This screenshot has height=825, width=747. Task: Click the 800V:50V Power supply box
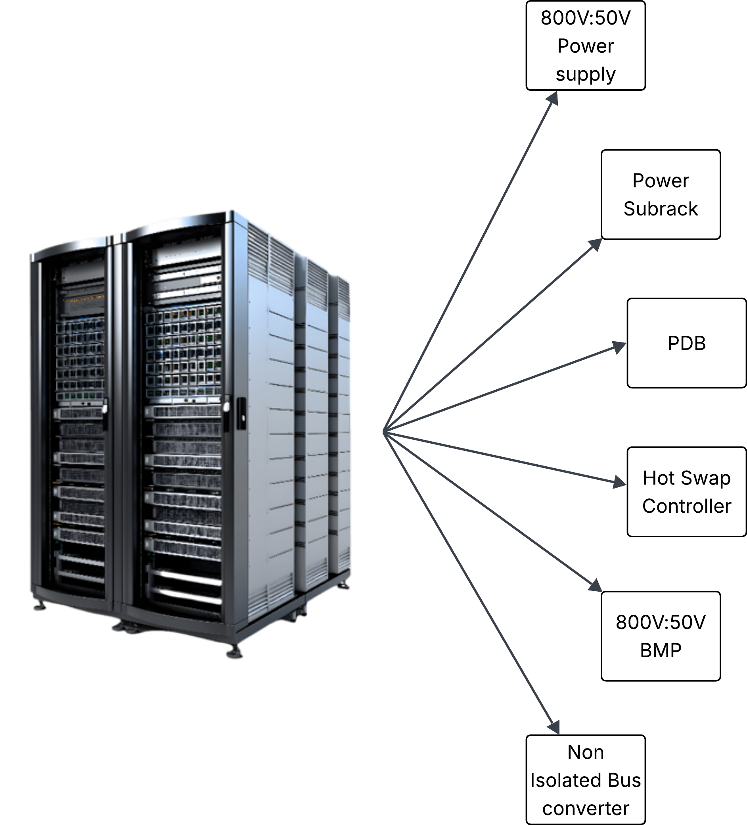tap(586, 45)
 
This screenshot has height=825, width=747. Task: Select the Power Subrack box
tap(661, 194)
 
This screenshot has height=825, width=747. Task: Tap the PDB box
tap(687, 343)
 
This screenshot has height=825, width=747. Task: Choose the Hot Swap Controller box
tap(687, 492)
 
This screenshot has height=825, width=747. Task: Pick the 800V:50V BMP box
tap(661, 637)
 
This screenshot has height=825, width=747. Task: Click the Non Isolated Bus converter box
tap(586, 780)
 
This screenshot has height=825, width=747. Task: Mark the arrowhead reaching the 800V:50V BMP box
tap(595, 585)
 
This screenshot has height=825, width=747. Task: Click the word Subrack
tap(661, 209)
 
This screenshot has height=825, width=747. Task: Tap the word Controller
tap(687, 506)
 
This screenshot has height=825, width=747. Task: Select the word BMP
tap(661, 650)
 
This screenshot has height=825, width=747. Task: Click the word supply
tap(586, 75)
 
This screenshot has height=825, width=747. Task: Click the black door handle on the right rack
tap(241, 413)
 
